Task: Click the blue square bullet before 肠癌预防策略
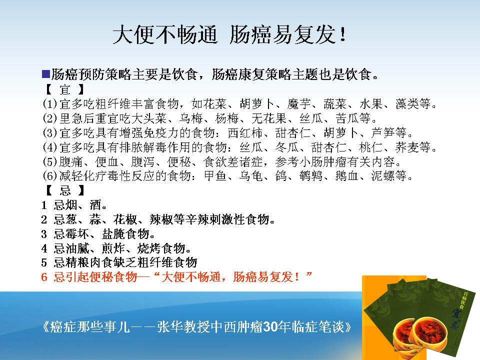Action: pos(46,74)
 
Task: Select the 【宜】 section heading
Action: pos(64,89)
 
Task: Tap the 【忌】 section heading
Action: pos(64,190)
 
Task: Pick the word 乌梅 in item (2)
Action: pos(191,118)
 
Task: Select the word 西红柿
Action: pos(245,133)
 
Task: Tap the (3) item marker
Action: pos(50,133)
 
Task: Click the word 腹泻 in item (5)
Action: pos(143,161)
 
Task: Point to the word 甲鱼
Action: pos(215,176)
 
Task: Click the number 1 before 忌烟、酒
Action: pos(44,205)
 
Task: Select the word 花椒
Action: pos(125,219)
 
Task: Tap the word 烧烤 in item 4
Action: pos(149,248)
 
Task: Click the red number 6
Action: pos(44,277)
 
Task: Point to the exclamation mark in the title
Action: pos(343,34)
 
